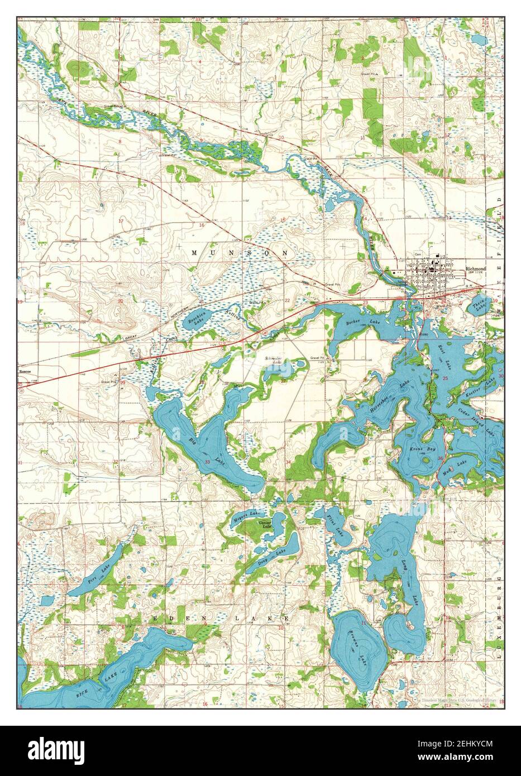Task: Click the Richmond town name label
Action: click(475, 269)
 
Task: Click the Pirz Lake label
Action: click(99, 573)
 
